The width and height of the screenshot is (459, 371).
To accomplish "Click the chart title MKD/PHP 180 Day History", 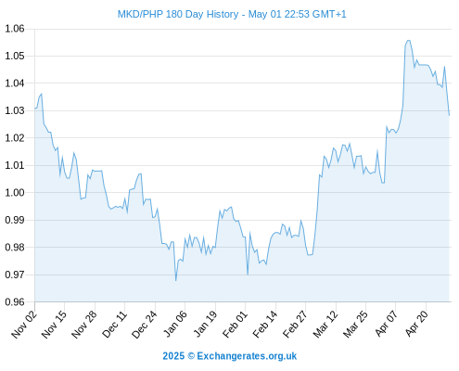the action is point(178,14).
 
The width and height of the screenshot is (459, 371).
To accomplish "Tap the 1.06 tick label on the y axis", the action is point(15,29).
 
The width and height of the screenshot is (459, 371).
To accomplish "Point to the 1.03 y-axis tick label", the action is point(15,110).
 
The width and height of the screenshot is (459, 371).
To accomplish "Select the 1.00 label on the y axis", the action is point(15,192).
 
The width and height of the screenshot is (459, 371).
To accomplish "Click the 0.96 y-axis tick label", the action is point(15,301).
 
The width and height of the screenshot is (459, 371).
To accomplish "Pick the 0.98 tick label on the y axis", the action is point(15,247).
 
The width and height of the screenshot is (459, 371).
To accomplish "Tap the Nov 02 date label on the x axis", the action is point(24,325).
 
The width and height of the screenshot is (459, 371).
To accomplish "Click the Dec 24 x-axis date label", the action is point(145,325).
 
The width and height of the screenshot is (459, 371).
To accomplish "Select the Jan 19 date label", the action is point(205,325).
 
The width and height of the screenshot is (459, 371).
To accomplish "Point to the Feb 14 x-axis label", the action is point(265,325).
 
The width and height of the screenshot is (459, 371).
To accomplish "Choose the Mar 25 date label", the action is point(355,325).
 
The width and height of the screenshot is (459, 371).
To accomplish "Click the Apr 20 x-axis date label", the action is point(416,324).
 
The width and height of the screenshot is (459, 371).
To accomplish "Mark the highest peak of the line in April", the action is point(408,40).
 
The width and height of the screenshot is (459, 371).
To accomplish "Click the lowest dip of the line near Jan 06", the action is point(175,280).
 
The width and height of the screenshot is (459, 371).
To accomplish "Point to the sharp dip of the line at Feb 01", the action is point(248,275).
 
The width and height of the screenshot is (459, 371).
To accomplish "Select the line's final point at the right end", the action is point(449,115).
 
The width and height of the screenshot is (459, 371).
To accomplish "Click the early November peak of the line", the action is point(42,94).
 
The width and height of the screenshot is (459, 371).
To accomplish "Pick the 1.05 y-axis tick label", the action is point(15,56).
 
